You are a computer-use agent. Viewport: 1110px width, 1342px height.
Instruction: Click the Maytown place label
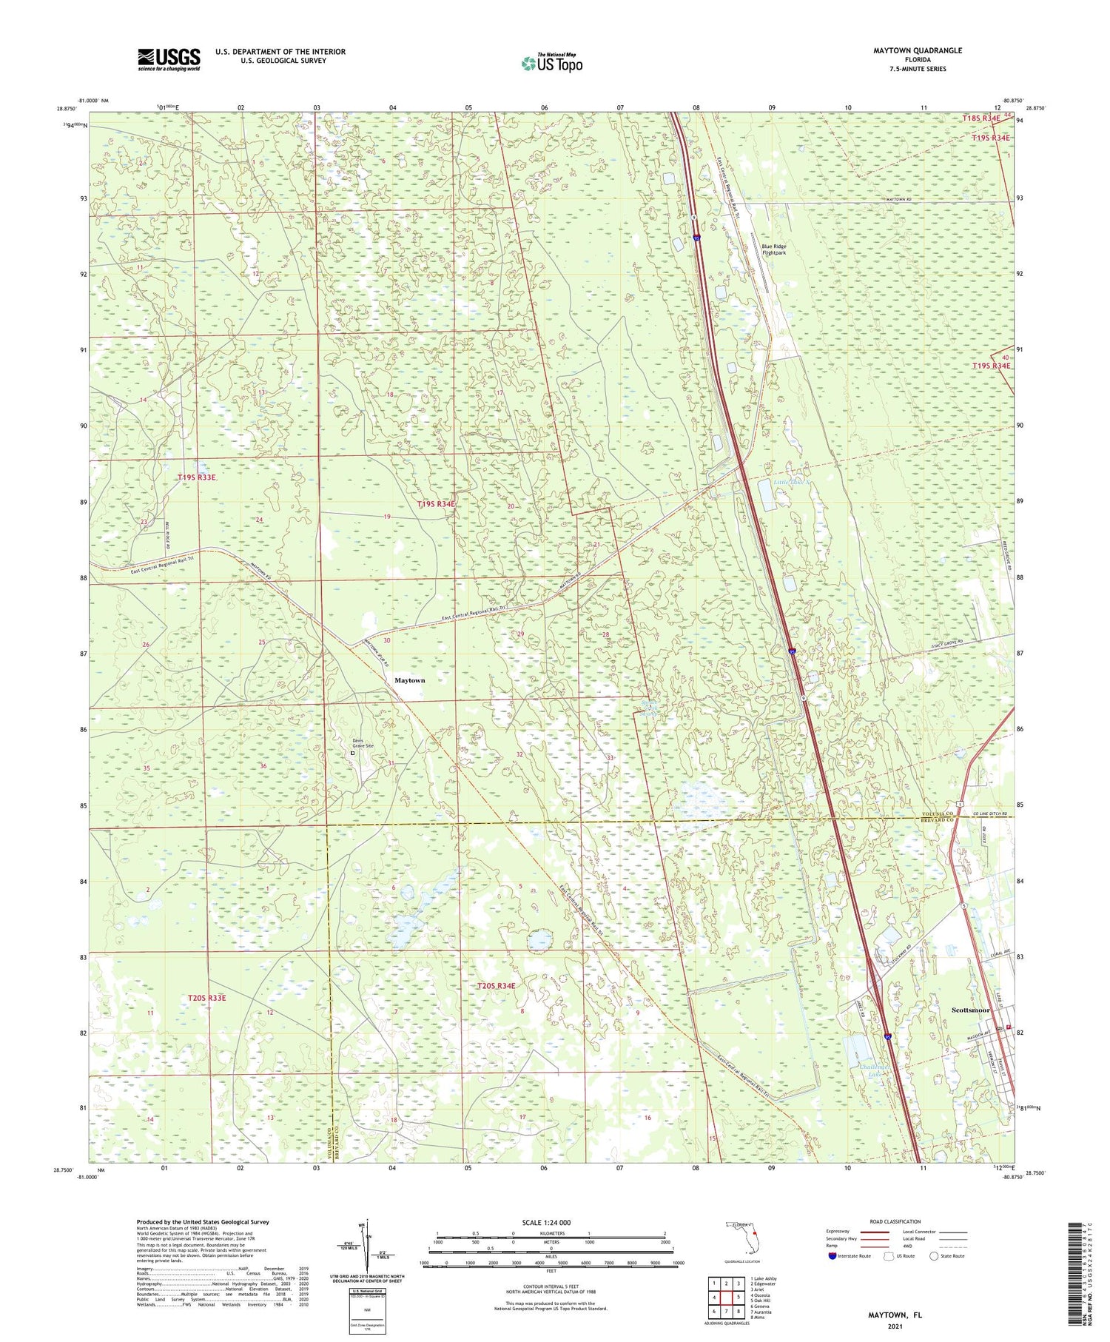pos(409,680)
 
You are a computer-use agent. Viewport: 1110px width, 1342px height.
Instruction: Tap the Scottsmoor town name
pos(970,1010)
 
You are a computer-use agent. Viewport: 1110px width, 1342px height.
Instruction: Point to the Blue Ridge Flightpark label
pos(775,249)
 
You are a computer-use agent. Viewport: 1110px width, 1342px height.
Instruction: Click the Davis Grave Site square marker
pos(353,754)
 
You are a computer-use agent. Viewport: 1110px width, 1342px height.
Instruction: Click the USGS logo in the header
pos(169,59)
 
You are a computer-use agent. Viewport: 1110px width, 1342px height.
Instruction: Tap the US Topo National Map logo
pos(551,63)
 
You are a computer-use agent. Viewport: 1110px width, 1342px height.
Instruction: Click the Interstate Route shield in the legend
pos(832,1255)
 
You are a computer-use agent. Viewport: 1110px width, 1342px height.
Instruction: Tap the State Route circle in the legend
pos(934,1255)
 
